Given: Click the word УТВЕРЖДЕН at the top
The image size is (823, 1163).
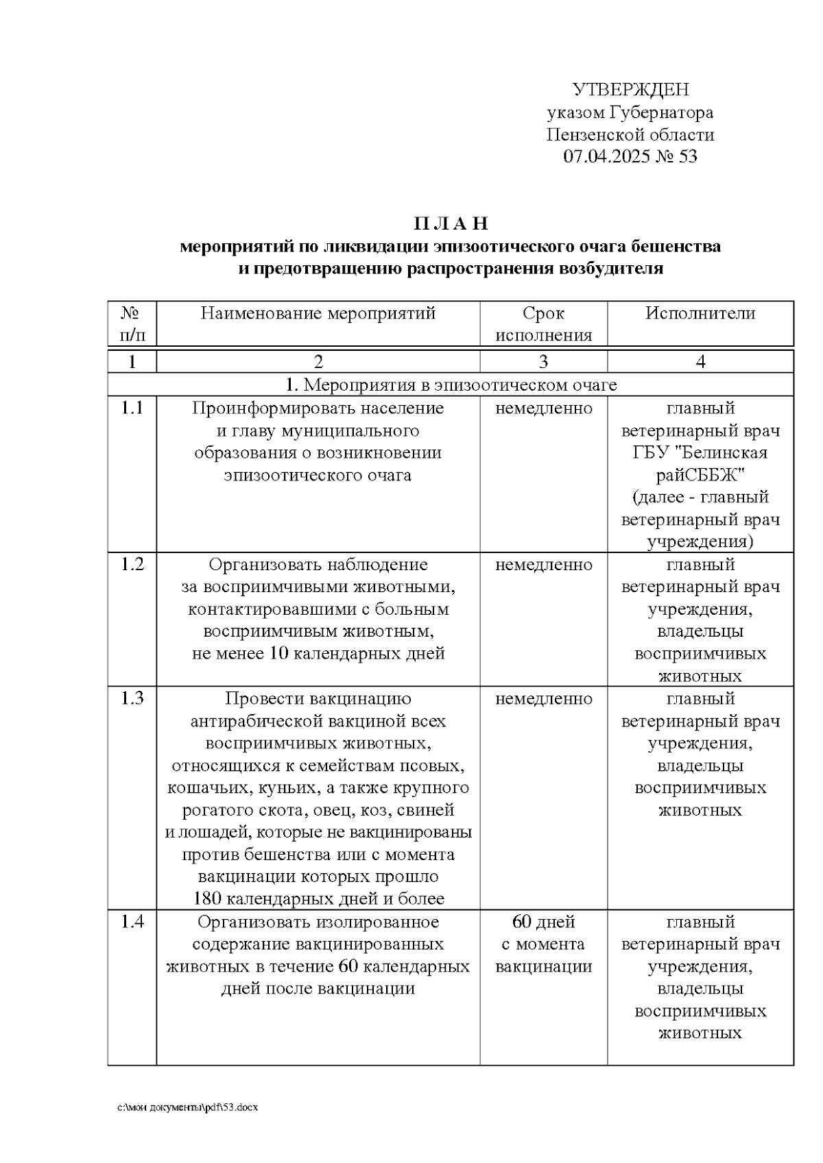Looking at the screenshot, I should [630, 90].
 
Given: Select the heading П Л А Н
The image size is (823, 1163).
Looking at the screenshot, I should [451, 224].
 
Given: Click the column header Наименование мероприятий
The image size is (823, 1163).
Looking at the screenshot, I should [318, 313].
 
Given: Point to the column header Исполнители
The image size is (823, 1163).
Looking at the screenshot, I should [700, 313].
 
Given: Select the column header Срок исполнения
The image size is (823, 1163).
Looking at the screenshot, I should [543, 324].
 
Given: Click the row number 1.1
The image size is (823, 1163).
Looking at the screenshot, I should [132, 408].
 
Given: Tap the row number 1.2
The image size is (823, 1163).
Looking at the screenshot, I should [132, 565].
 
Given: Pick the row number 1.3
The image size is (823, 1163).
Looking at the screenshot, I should [132, 698].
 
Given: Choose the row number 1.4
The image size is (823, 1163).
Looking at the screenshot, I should [132, 922].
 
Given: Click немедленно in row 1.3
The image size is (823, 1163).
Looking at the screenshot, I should [543, 698].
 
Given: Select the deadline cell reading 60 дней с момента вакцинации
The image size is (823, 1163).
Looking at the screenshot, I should [543, 944].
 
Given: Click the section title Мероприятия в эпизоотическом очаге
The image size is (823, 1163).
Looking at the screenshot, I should [451, 385].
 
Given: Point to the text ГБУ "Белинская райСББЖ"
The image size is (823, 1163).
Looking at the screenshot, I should [700, 464].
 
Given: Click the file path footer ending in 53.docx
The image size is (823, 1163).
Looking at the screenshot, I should [188, 1107].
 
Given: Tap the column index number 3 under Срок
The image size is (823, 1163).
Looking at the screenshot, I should [543, 362].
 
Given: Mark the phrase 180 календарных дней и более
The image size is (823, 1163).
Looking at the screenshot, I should [318, 898].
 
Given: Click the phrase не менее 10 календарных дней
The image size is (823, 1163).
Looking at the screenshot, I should [318, 653].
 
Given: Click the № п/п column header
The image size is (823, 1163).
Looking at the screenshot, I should [132, 324].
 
